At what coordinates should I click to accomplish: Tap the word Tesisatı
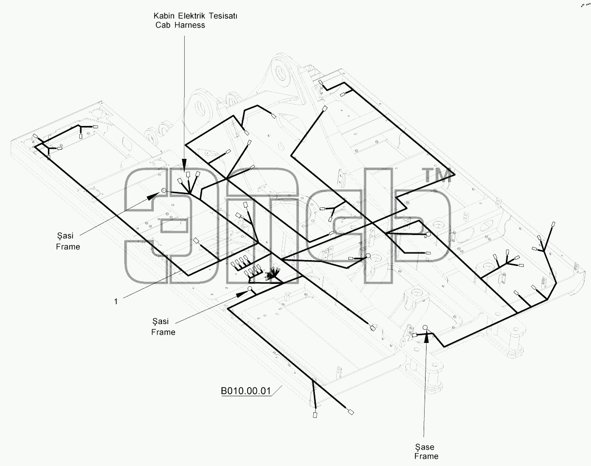(223, 16)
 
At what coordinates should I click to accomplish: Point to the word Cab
(163, 25)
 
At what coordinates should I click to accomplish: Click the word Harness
(190, 25)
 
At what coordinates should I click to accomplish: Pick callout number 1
(116, 301)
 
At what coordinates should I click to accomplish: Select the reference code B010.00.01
(246, 391)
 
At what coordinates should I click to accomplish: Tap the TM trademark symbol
(438, 176)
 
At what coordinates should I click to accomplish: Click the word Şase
(425, 447)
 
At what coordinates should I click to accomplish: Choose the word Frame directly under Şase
(426, 456)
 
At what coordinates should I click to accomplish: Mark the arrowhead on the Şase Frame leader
(426, 337)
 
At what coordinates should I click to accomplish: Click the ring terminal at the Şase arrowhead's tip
(425, 327)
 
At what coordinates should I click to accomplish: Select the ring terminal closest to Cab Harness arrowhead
(163, 190)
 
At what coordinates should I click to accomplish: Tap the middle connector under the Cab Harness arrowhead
(188, 174)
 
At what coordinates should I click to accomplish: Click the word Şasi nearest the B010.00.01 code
(161, 321)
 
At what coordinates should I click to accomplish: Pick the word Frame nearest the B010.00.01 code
(163, 332)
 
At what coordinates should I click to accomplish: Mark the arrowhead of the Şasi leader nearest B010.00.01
(241, 295)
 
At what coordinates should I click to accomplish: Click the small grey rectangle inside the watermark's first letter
(174, 226)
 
